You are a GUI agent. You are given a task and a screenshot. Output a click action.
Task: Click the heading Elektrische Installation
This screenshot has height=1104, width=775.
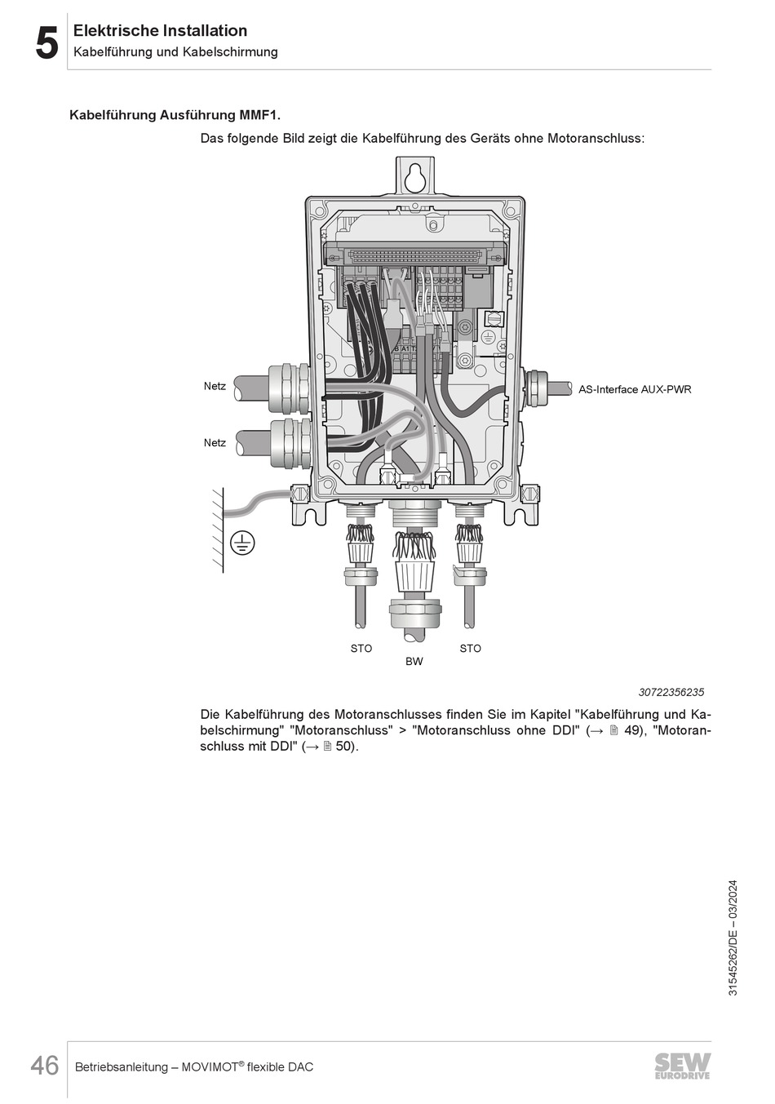point(160,31)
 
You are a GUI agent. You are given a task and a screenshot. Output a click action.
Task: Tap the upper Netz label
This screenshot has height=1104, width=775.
point(215,386)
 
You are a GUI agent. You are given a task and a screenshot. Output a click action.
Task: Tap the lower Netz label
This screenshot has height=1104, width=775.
point(215,442)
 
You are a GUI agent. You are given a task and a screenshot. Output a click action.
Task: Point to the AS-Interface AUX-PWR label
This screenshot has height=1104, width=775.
point(634,389)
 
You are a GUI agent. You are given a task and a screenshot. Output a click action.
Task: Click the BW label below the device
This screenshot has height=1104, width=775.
point(414,661)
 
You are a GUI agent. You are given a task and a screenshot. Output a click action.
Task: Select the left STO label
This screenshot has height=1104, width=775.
point(361,648)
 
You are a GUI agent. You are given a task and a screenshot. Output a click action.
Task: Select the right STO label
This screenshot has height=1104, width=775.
point(470,648)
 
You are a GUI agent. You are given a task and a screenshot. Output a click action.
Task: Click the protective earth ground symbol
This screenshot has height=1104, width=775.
point(242,542)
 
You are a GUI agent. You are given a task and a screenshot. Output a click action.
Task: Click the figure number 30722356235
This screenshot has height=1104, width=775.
point(671,692)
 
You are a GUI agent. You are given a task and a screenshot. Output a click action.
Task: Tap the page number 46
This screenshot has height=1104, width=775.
point(45,1066)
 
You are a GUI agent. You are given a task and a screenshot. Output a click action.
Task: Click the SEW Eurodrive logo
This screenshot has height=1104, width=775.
point(682,1066)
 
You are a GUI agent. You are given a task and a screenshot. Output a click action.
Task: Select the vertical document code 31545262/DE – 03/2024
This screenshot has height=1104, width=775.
point(732,938)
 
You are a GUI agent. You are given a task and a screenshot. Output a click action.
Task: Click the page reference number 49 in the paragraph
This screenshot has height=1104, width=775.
point(633,730)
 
